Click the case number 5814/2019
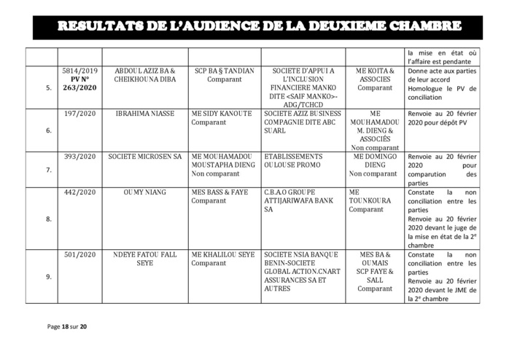79,71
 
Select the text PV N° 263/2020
79,83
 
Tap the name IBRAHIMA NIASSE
144,115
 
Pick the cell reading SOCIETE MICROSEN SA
144,157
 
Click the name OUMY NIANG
144,192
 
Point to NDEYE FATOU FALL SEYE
144,258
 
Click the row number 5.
48,87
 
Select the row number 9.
48,276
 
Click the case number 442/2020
79,192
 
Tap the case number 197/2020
79,115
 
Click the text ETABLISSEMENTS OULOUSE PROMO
293,160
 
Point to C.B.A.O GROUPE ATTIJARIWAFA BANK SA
295,200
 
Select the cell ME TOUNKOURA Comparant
366,200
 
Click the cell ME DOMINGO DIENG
375,160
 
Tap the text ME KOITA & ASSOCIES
375,75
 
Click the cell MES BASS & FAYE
219,192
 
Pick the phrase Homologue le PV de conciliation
443,93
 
